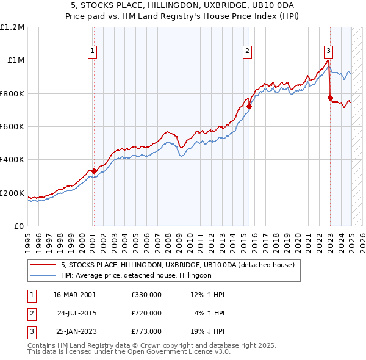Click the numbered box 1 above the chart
[x=93, y=51]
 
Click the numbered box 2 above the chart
[x=248, y=51]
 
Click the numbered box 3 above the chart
[x=328, y=51]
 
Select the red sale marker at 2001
[x=94, y=171]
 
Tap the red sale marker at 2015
[x=249, y=106]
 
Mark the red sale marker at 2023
[x=330, y=98]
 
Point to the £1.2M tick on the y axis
[x=12, y=27]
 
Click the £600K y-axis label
[x=13, y=126]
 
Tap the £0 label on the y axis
[x=19, y=226]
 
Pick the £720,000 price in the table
[x=146, y=313]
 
